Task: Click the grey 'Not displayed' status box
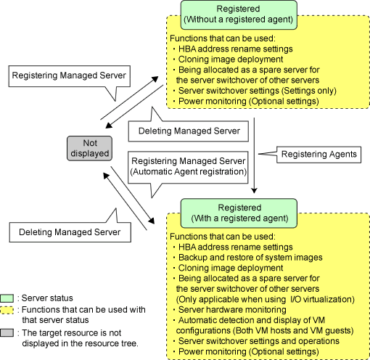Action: coord(89,148)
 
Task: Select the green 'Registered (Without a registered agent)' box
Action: coord(239,15)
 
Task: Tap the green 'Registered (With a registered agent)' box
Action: coord(239,213)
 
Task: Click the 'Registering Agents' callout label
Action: coord(318,155)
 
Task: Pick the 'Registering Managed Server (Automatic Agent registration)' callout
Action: coord(188,167)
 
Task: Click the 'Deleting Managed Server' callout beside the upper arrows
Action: coord(188,131)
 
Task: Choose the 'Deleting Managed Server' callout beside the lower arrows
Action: coord(70,232)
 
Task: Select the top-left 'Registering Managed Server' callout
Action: coord(70,76)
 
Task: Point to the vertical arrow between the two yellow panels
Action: coord(254,155)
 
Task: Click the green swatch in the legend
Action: coord(7,298)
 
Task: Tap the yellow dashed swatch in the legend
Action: coord(7,310)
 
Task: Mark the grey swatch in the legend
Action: coord(7,333)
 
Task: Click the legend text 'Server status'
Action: coord(47,298)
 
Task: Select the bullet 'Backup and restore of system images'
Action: coord(250,258)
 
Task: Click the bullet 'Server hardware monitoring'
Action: coord(232,310)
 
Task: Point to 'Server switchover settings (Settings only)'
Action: coord(258,91)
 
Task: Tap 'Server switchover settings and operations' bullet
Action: coord(259,341)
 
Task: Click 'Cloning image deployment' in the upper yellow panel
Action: coord(231,60)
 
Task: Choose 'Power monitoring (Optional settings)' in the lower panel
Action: coord(249,351)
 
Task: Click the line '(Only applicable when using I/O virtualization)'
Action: coord(266,299)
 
